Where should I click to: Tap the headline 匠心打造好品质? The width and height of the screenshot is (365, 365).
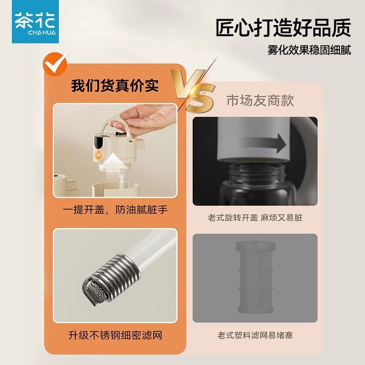coord(283,29)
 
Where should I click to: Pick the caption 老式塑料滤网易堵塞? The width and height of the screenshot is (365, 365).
coord(255,335)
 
